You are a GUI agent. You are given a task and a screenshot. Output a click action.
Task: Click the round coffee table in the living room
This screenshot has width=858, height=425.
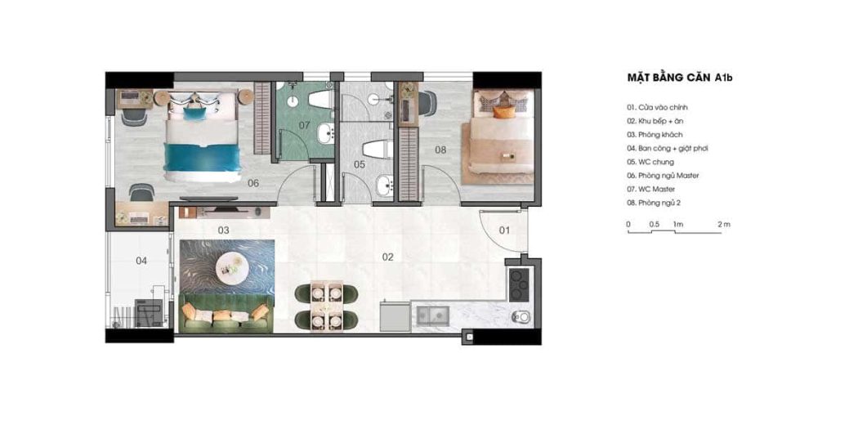[230, 266]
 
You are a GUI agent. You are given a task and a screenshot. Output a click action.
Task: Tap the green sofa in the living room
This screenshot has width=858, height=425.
[226, 313]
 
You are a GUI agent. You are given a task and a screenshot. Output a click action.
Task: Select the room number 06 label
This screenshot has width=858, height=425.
[252, 183]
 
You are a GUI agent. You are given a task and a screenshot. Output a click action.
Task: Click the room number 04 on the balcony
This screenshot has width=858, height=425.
[141, 262]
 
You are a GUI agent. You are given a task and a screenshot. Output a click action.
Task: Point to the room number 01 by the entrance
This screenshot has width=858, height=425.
[504, 230]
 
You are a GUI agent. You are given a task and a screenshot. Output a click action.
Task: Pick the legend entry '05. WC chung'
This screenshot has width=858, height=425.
[650, 162]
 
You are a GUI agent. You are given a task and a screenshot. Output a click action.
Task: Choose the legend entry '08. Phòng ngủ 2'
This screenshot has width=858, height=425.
[654, 203]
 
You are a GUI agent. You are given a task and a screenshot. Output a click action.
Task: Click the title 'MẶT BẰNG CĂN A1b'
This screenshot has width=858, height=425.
[680, 78]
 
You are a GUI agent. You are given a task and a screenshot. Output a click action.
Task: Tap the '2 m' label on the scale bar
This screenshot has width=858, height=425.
[724, 224]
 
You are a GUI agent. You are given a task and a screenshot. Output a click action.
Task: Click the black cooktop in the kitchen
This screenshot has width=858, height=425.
[518, 284]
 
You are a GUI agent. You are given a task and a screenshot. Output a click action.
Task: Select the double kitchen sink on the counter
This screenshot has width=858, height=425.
[432, 314]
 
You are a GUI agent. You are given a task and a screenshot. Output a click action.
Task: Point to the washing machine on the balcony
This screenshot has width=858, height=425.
[149, 313]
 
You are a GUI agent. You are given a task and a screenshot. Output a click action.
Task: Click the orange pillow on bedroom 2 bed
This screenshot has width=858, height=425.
[504, 112]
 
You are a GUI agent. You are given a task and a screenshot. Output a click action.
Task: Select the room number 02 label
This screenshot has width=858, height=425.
[388, 257]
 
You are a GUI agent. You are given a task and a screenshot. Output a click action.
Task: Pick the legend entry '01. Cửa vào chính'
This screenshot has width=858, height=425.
[657, 107]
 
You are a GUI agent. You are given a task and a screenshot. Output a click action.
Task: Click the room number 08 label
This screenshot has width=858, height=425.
[440, 149]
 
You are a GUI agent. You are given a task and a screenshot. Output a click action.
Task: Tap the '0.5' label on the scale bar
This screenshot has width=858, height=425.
[654, 224]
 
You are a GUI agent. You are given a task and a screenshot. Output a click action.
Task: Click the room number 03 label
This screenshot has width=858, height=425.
[223, 230]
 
